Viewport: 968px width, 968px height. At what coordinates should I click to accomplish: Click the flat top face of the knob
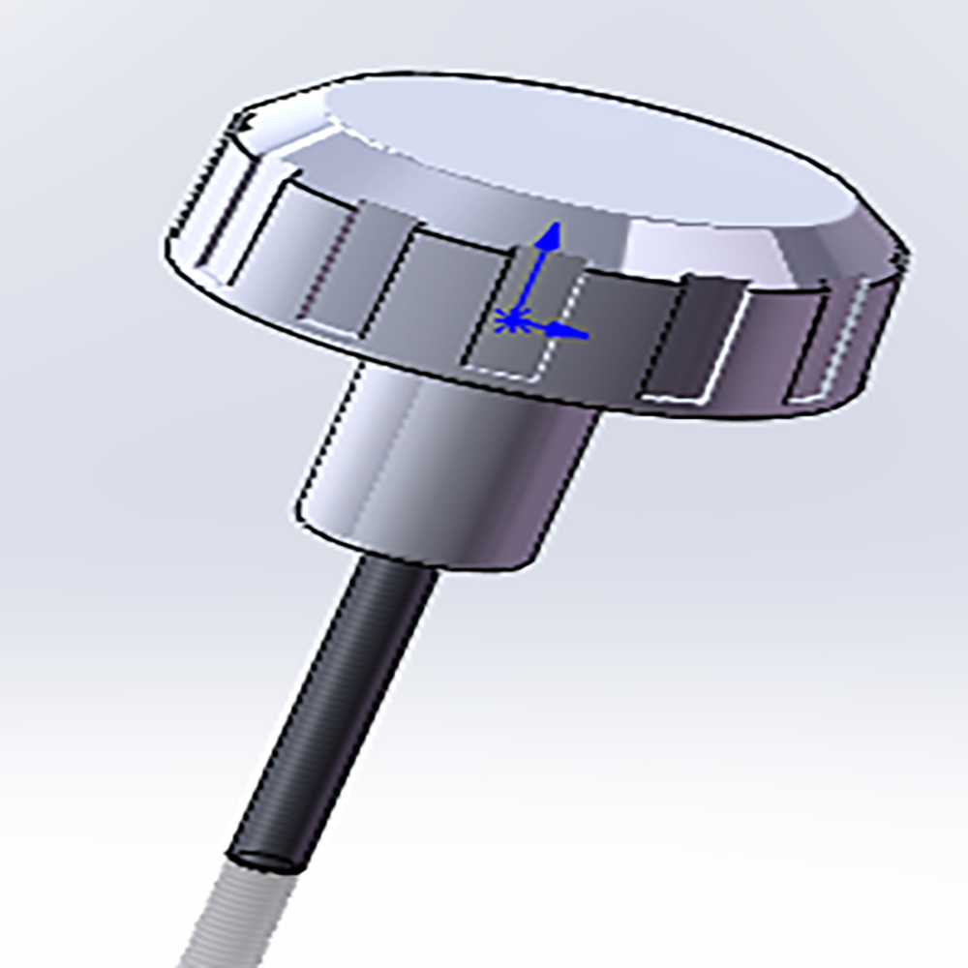pos(581,145)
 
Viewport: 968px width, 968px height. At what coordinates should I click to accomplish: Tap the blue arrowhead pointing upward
pos(551,235)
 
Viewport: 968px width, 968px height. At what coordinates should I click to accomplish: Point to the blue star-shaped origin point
pos(510,318)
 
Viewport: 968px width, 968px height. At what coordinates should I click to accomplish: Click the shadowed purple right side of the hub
pos(561,484)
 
